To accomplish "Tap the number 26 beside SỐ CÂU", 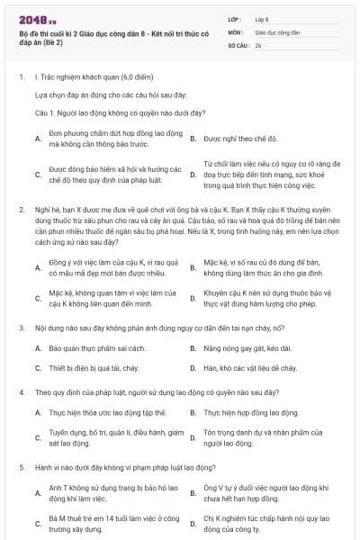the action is pyautogui.click(x=258, y=44).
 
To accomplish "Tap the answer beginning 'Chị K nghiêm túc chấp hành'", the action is pyautogui.click(x=256, y=523).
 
